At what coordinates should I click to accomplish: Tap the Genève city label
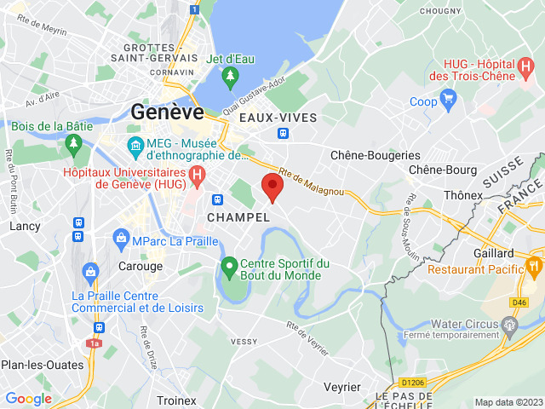167,112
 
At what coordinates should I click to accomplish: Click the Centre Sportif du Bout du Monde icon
229,268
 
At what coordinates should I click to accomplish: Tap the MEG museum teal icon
135,147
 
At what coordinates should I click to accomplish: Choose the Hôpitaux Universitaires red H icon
198,177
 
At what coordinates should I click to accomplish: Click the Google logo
28,398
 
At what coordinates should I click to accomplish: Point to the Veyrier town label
342,387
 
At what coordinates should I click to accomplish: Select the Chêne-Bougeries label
376,155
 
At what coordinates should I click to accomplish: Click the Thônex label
462,195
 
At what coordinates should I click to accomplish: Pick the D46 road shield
519,302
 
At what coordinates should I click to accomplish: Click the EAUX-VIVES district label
278,117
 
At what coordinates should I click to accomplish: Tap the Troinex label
176,400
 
